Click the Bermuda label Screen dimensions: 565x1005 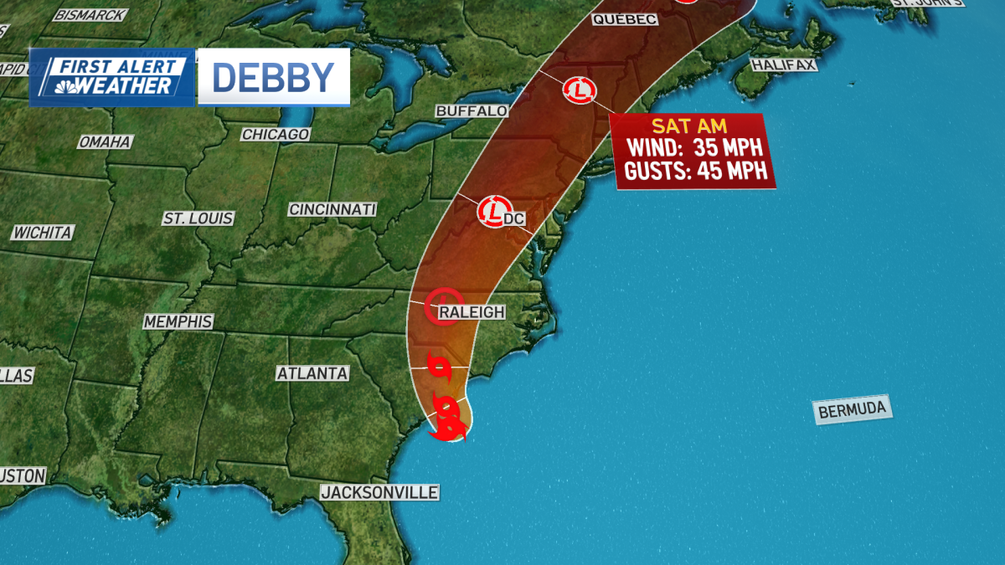[x=852, y=411]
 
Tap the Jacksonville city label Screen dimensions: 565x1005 [x=379, y=492]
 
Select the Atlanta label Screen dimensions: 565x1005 [x=312, y=373]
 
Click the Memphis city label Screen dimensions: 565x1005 [x=178, y=321]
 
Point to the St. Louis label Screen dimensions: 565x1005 [x=198, y=218]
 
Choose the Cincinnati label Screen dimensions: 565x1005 [x=332, y=209]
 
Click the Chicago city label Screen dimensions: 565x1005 [x=276, y=134]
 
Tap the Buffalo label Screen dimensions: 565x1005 [x=472, y=110]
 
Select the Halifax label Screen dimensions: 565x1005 [x=783, y=64]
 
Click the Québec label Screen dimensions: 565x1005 [x=624, y=19]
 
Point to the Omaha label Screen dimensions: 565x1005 [x=105, y=142]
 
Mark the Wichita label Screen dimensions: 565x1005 [x=42, y=233]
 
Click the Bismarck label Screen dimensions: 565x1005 [x=90, y=14]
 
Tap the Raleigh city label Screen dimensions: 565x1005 [x=472, y=312]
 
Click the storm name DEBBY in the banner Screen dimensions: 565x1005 [x=273, y=77]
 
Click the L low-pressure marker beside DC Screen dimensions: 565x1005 [x=494, y=210]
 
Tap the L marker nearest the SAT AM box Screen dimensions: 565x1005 [x=579, y=90]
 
